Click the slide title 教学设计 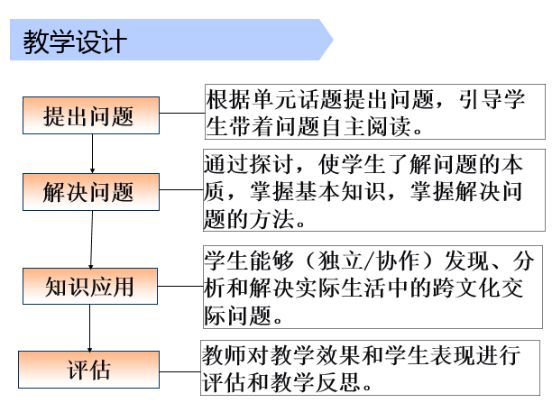75,41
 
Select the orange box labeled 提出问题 91,115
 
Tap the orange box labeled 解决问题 91,192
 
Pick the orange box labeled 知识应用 90,286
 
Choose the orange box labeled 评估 88,370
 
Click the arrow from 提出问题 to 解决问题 92,153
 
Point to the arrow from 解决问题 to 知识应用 91,240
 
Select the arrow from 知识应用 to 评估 90,328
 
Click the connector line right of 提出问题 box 182,114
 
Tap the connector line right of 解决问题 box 181,190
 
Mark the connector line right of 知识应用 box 180,286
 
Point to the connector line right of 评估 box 179,371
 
